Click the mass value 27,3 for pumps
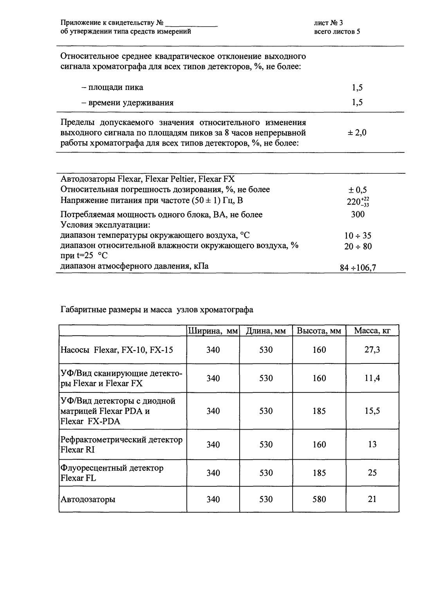(x=372, y=350)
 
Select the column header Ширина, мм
(x=213, y=331)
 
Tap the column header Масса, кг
(x=372, y=331)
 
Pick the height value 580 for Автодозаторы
(x=319, y=500)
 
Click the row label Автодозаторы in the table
(x=88, y=500)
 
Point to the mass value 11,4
(x=372, y=378)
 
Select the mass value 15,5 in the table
(x=372, y=411)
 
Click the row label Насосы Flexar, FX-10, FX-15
(x=116, y=350)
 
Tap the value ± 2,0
(x=357, y=133)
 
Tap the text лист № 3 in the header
(x=328, y=23)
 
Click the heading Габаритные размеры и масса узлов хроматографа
(x=157, y=310)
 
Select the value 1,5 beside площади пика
(x=357, y=88)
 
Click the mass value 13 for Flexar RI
(x=372, y=445)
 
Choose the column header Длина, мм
(x=266, y=331)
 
